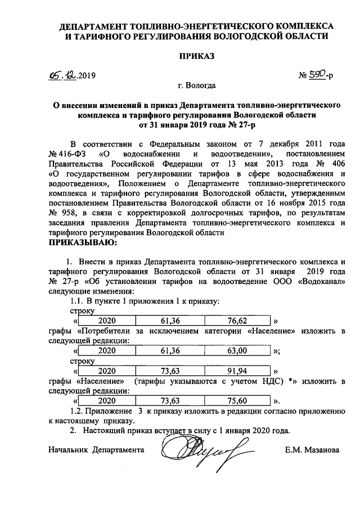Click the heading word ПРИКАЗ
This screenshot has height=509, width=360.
coord(197,56)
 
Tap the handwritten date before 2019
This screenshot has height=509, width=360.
coord(62,75)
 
